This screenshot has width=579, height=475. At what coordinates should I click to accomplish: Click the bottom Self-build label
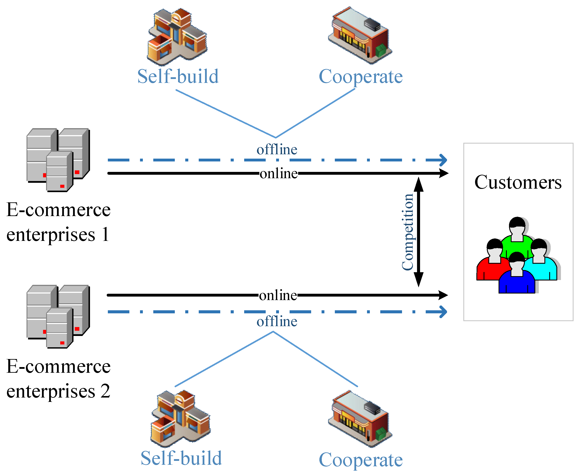[x=181, y=458]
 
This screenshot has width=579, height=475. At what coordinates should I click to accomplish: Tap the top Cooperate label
[x=360, y=77]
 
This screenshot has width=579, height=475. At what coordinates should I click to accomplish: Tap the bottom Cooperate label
[x=360, y=460]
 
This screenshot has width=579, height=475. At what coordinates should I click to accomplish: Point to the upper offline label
[x=277, y=150]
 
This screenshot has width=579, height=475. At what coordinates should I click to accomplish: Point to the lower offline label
[x=277, y=321]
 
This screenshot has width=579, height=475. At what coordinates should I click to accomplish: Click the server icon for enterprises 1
[x=58, y=160]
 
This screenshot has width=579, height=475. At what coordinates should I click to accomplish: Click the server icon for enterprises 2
[x=58, y=317]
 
